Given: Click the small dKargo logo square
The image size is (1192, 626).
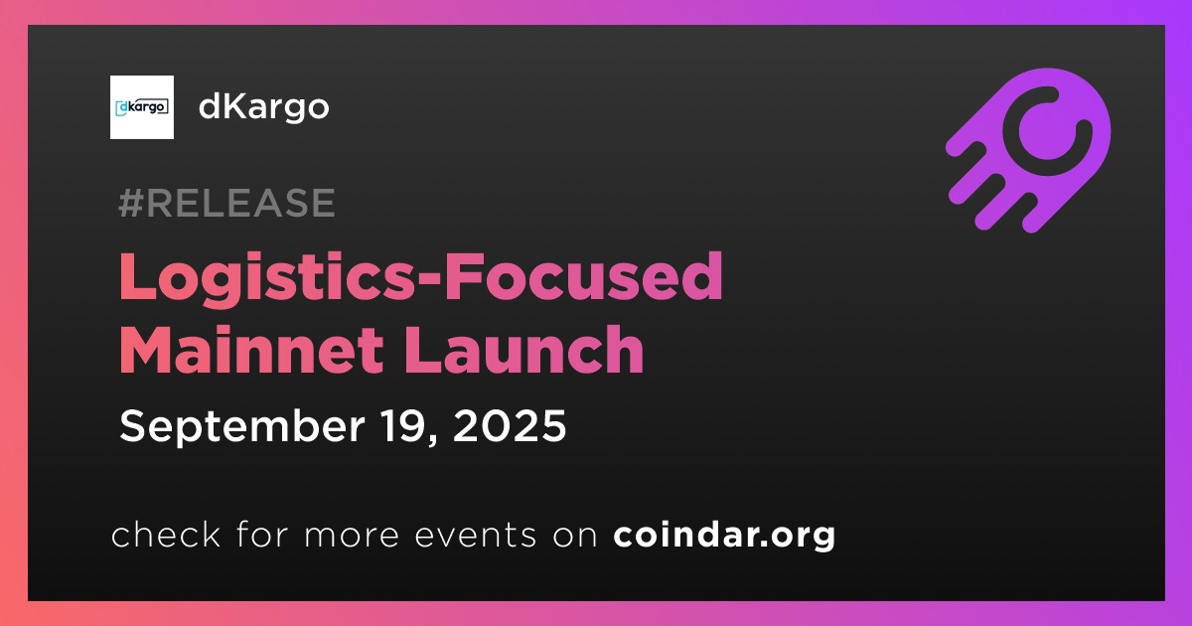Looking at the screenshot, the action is pyautogui.click(x=141, y=107).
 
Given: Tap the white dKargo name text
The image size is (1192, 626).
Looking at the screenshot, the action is pyautogui.click(x=264, y=108).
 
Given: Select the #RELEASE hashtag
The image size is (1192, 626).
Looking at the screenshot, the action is pyautogui.click(x=227, y=203).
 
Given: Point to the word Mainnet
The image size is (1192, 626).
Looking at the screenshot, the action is pyautogui.click(x=251, y=350).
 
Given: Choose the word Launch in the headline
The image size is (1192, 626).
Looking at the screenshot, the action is pyautogui.click(x=523, y=350).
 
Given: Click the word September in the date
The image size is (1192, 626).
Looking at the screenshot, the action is pyautogui.click(x=242, y=427).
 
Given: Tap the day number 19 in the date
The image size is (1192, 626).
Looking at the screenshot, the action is pyautogui.click(x=403, y=426).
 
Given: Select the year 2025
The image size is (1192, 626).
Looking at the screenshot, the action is pyautogui.click(x=510, y=426).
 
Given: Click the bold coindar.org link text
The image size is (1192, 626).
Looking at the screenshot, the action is pyautogui.click(x=724, y=536).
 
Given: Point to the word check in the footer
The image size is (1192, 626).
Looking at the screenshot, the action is pyautogui.click(x=166, y=535).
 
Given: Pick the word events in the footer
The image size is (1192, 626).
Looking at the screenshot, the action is pyautogui.click(x=475, y=536).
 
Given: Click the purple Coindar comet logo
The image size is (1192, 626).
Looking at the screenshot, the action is pyautogui.click(x=1029, y=151).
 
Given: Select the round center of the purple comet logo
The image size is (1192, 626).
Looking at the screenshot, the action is pyautogui.click(x=1047, y=131).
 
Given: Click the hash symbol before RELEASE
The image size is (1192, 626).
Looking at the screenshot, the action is pyautogui.click(x=131, y=204).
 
